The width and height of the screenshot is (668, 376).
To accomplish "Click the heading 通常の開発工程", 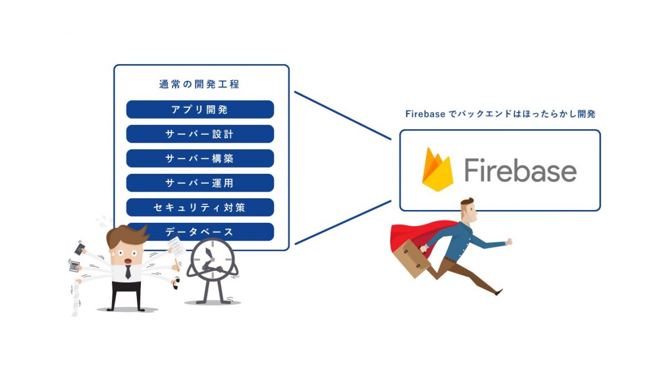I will point(199,85).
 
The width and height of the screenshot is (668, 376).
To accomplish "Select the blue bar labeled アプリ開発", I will point(200,110).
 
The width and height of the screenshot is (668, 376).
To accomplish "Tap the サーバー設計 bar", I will point(200,134).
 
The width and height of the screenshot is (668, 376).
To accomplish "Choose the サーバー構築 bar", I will point(200,159).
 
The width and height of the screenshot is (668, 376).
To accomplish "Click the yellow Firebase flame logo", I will point(437,170).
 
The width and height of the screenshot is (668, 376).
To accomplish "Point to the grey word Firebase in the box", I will point(520,170).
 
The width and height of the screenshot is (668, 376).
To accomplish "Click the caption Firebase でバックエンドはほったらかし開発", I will point(500,114).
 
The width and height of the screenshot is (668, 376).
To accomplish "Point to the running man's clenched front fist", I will point(509,242).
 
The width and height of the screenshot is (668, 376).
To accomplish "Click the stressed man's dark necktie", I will point(128,272).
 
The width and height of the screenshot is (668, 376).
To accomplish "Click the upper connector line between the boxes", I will point(342,116).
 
